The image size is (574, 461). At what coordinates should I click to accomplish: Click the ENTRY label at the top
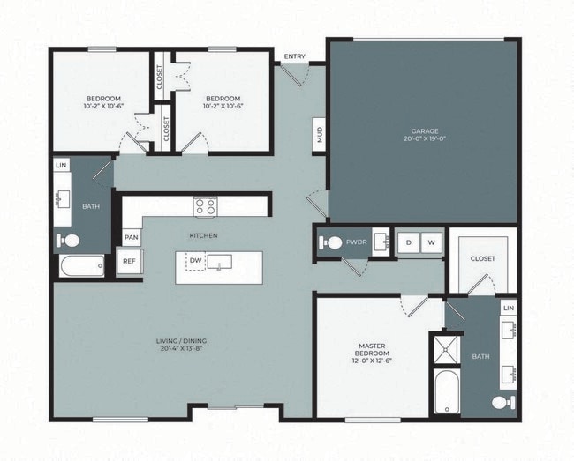coord(295,57)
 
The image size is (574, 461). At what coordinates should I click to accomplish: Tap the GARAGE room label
coord(424,130)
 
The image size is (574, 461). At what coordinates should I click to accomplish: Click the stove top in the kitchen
coord(205,206)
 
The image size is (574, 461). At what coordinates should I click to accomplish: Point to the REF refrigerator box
coord(129,261)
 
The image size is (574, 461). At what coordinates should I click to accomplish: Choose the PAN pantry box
coord(131,237)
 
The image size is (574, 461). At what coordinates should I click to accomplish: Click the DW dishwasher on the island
coord(195,261)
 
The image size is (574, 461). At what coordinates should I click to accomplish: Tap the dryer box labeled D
coord(409,242)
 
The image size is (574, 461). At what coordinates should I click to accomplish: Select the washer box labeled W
coord(432,242)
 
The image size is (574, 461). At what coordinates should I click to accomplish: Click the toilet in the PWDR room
coord(333,242)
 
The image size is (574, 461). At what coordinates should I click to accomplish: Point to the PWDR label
coord(357,241)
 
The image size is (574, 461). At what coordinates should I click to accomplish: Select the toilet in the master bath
coord(502,402)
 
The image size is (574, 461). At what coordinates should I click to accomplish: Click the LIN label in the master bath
coord(508,308)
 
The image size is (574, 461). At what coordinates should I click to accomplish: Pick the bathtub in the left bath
coord(81,265)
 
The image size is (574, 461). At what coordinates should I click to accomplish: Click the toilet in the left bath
coord(69,240)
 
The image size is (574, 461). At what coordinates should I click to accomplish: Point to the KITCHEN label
coord(203,235)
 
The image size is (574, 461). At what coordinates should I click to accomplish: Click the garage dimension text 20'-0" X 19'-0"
coord(424,139)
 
